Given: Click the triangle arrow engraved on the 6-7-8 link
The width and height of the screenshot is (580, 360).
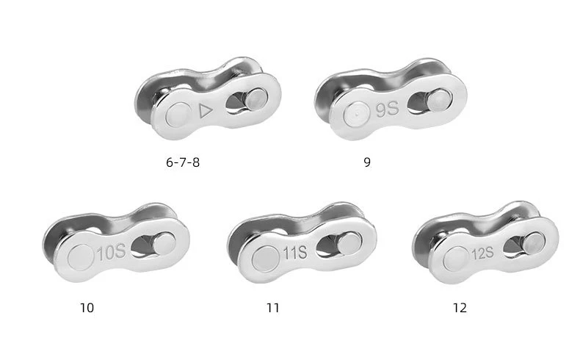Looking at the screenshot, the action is tap(206, 111).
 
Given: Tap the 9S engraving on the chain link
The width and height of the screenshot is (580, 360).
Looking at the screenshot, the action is tap(388, 109).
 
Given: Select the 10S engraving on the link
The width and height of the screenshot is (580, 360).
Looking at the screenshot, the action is tap(112, 252).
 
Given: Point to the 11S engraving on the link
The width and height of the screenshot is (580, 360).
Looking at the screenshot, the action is tap(295, 253).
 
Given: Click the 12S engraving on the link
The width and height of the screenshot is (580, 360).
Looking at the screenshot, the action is tap(482, 253).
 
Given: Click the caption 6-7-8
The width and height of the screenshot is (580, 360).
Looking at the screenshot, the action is tap(183, 162).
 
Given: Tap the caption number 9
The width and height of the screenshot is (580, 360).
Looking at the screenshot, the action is tap(367, 162).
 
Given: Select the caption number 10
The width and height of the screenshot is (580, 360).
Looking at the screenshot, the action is tap(87, 308).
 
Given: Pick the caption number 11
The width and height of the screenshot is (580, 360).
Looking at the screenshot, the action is tap(273, 308).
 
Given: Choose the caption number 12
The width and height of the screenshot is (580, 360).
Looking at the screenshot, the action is tap(460, 308).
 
